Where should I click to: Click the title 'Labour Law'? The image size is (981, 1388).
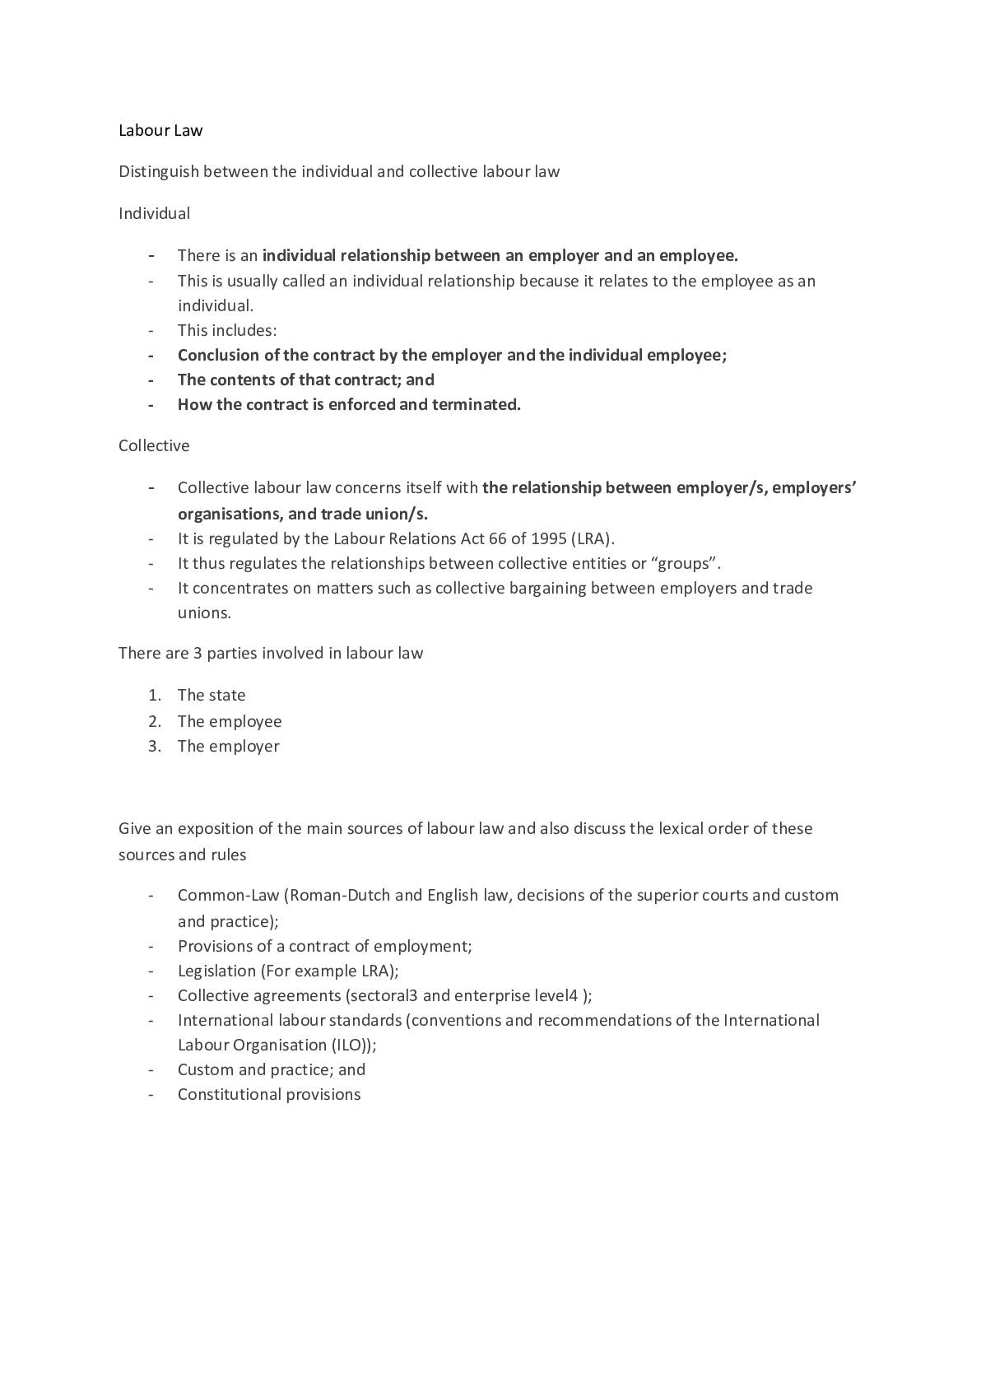[160, 130]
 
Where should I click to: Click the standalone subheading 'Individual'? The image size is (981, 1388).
[154, 213]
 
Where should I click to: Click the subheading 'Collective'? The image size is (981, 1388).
[154, 445]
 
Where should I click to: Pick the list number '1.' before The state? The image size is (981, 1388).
[154, 695]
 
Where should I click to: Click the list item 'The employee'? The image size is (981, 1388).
[230, 721]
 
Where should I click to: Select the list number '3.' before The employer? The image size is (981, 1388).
[154, 746]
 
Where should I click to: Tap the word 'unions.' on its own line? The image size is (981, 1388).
[204, 612]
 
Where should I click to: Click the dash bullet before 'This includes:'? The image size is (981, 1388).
[151, 330]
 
